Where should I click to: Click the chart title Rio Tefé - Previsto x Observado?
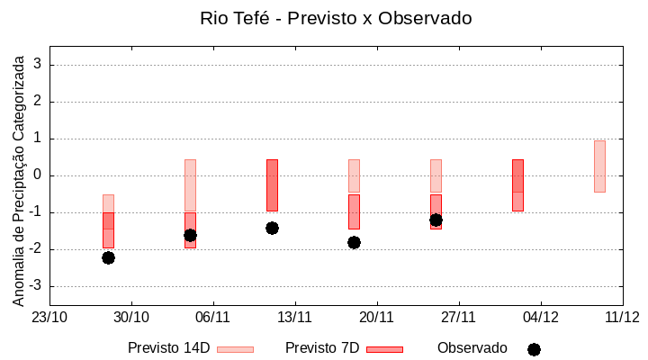(x=336, y=18)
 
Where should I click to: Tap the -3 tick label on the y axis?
(x=36, y=286)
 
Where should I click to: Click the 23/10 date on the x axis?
(x=49, y=317)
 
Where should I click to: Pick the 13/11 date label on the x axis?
(x=294, y=317)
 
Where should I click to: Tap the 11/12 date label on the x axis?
(x=622, y=317)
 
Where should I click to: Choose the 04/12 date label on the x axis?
(x=540, y=317)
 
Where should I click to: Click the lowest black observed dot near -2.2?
(x=108, y=257)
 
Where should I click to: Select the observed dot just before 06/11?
(x=190, y=235)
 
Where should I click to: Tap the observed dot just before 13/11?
(x=272, y=228)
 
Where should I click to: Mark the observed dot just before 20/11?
(x=354, y=242)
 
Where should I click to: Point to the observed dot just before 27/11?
(x=436, y=220)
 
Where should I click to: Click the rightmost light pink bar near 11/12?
(x=599, y=166)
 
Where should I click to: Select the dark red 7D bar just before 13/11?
(x=272, y=184)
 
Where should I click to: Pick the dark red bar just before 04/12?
(x=517, y=184)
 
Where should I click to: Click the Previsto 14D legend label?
(x=168, y=348)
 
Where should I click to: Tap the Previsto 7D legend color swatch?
(x=384, y=349)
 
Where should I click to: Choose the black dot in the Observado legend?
(x=534, y=349)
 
